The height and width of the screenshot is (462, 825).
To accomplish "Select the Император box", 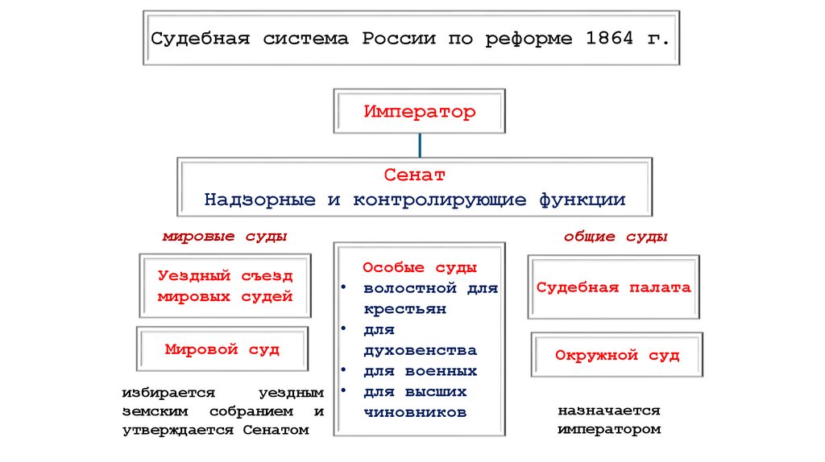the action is (420, 112).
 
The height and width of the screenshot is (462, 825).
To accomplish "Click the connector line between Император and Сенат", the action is (419, 146).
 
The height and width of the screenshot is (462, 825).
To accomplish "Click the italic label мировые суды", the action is (225, 237).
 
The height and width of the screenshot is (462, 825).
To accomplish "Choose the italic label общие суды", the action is (616, 237).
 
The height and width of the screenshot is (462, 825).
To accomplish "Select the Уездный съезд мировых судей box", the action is (225, 287).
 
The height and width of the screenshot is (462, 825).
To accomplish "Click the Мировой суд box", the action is (222, 350).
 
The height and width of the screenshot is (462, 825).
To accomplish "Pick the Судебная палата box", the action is (614, 287).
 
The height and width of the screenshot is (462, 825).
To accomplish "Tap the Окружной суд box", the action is (617, 355).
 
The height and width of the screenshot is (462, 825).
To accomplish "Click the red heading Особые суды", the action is (419, 266).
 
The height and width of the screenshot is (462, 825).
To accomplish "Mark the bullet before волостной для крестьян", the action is (344, 287).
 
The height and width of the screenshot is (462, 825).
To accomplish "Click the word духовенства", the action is (420, 351).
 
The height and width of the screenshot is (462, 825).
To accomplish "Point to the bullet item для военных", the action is (420, 371).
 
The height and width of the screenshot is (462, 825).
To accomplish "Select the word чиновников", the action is (415, 413).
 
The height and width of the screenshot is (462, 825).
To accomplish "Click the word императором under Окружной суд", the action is (609, 430).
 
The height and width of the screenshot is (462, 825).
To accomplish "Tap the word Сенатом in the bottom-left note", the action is (275, 431).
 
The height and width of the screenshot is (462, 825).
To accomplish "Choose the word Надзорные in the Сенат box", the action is (259, 200).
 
